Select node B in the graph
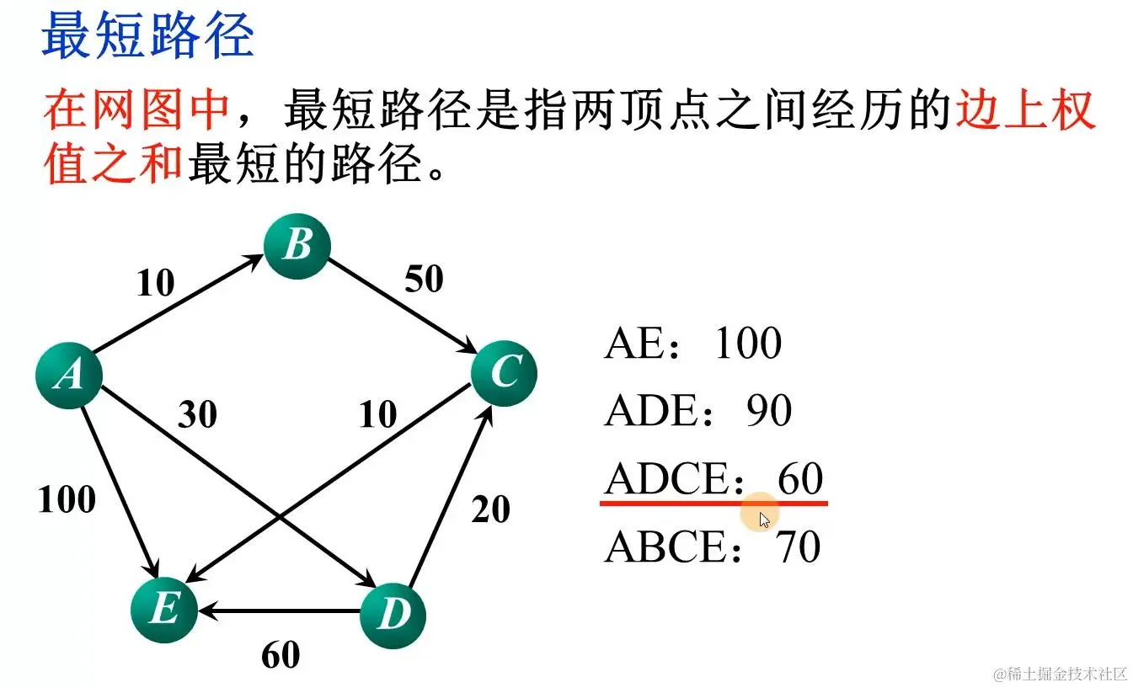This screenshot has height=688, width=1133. (297, 246)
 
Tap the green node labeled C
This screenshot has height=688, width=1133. (504, 372)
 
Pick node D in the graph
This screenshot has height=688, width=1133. (393, 615)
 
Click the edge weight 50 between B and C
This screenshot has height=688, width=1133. (424, 280)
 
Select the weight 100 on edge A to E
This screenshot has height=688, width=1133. (67, 500)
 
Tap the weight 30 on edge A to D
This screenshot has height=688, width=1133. (197, 414)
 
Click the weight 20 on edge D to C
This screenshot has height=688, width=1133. (491, 509)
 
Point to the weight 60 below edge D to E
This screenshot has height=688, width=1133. (281, 655)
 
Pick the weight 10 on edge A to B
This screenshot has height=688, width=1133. (155, 284)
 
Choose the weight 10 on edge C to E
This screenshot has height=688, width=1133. (377, 414)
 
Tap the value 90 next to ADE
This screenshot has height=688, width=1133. (769, 411)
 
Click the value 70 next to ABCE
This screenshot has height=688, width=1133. (798, 547)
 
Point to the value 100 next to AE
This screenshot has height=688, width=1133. (748, 343)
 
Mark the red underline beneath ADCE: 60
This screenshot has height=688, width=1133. (713, 503)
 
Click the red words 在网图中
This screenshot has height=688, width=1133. (136, 110)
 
